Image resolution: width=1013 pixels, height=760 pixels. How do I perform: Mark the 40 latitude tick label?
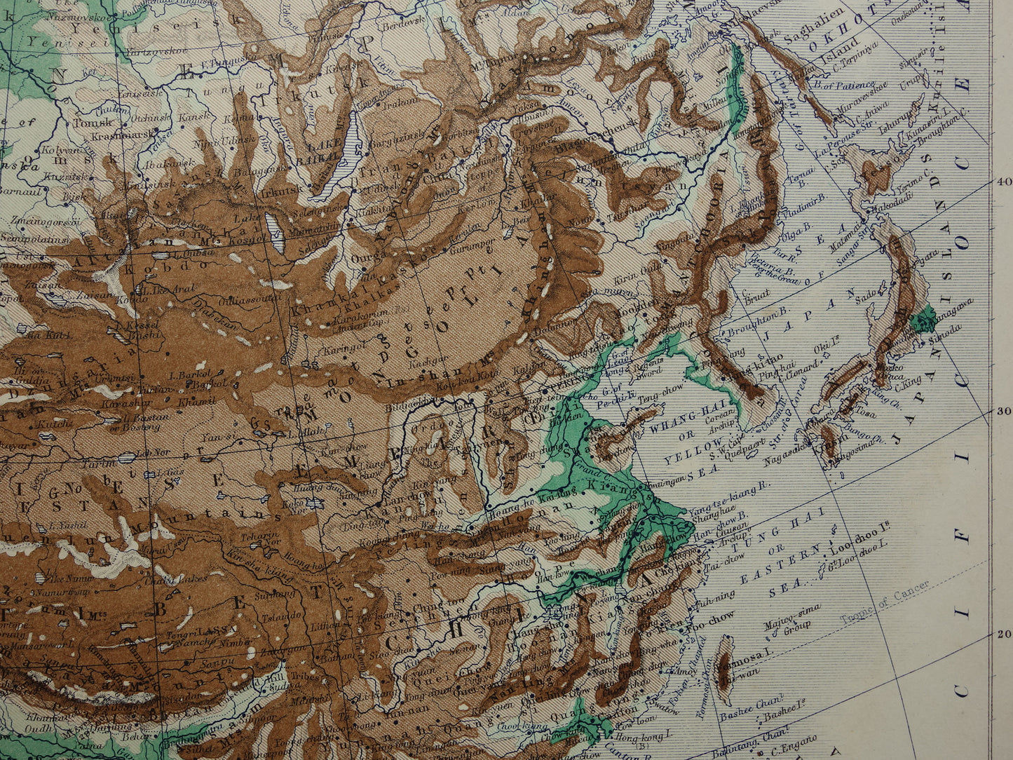tap(1003, 180)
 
